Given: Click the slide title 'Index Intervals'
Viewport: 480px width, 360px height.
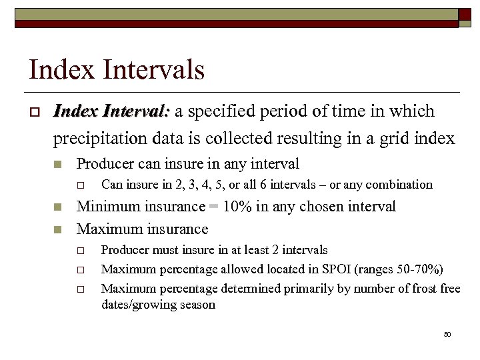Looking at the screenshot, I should [x=116, y=69].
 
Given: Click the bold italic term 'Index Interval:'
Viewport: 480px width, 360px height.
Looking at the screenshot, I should [x=113, y=111].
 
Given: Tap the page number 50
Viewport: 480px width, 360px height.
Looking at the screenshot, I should [x=447, y=334].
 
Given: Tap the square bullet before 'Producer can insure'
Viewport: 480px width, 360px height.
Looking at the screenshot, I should [x=59, y=164].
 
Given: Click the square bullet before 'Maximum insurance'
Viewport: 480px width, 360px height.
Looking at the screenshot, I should [x=59, y=229].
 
